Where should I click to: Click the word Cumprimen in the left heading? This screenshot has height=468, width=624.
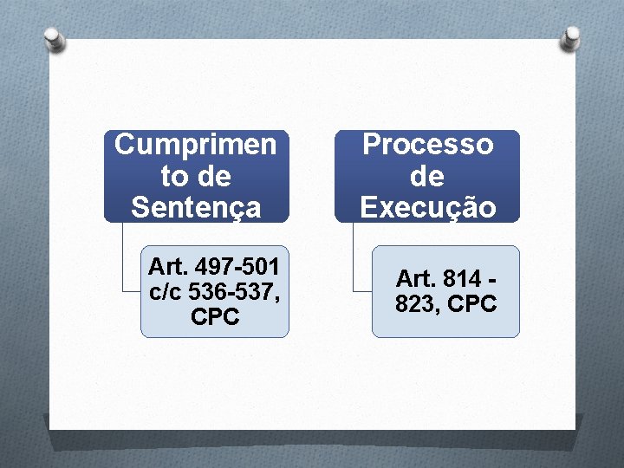click(196, 144)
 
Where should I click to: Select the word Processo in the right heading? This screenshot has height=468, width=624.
click(427, 144)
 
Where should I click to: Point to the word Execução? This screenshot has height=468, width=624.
click(427, 207)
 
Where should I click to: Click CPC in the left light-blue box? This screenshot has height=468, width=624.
click(215, 317)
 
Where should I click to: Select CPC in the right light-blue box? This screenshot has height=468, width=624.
click(473, 304)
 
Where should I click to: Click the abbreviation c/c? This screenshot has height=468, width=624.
click(166, 290)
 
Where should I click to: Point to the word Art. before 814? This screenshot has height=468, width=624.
click(413, 278)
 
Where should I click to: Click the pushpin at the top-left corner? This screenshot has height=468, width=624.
click(54, 38)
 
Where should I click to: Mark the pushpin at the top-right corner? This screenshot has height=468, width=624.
click(570, 37)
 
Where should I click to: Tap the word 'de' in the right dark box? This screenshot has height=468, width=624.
click(427, 176)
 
